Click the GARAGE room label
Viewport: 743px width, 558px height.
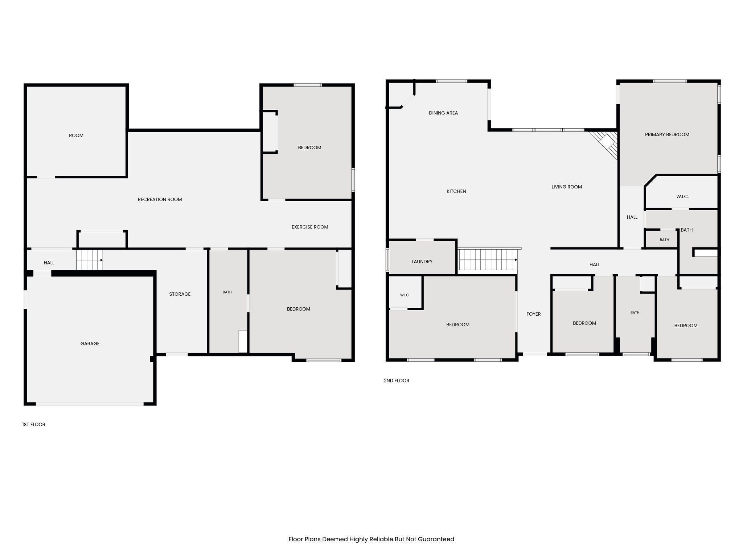90,343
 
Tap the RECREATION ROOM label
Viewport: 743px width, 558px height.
160,199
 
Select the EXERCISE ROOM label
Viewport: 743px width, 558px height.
310,227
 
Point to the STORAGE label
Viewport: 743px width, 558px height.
180,294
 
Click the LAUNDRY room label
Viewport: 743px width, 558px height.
422,261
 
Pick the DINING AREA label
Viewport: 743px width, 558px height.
443,113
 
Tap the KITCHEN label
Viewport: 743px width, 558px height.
456,191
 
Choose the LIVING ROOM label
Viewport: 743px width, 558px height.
567,187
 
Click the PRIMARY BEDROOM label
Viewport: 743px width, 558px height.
667,134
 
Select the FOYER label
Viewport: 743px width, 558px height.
534,314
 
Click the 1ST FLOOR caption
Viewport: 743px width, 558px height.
34,424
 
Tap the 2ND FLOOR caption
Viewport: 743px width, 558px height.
397,380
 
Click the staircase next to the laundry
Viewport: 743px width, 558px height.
488,260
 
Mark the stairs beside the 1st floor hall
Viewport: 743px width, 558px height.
90,260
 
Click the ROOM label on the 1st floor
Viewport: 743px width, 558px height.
76,136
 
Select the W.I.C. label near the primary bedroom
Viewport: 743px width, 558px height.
682,197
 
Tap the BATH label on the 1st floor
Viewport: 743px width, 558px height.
227,292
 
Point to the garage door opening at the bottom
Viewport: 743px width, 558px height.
90,404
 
